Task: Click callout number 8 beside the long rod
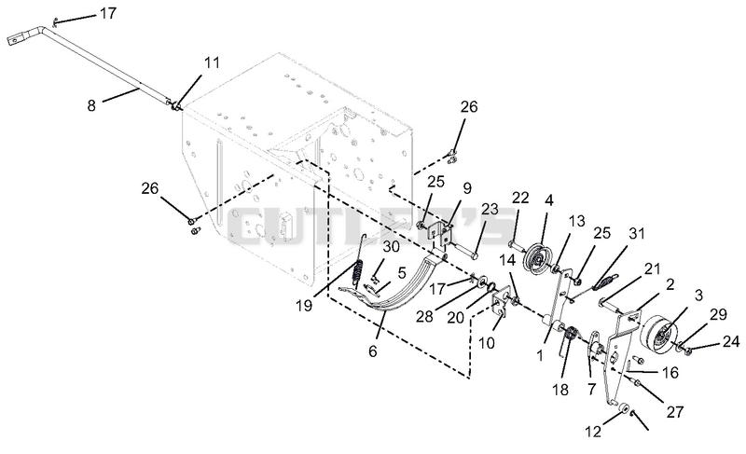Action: click(91, 105)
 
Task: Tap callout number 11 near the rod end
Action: click(213, 62)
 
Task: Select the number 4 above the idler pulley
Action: click(549, 200)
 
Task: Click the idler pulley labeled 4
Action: click(537, 258)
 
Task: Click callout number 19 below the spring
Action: click(304, 305)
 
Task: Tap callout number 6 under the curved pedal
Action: click(372, 351)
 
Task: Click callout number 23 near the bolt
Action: click(490, 209)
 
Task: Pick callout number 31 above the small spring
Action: click(637, 233)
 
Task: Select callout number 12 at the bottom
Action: click(593, 432)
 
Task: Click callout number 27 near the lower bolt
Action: click(674, 412)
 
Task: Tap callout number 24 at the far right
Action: click(731, 341)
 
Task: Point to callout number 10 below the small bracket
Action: click(486, 342)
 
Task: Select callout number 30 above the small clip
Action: click(391, 247)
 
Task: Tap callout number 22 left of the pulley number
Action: click(520, 198)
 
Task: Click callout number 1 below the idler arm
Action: click(540, 355)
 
